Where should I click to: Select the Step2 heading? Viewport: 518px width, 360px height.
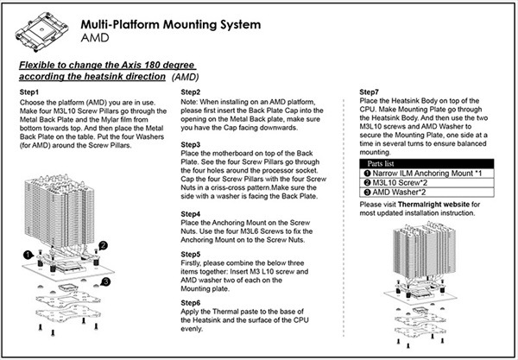[x=192, y=92]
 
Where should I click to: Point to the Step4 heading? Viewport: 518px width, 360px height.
[x=192, y=213]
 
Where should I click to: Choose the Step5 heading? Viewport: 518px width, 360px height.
[x=192, y=256]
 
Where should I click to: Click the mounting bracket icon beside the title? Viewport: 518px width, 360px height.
[x=39, y=30]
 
